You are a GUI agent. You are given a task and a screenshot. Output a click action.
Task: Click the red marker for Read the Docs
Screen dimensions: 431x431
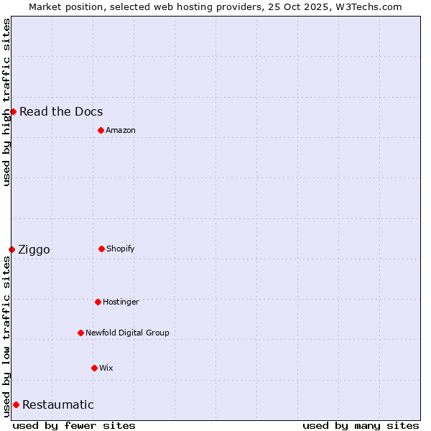click(13, 111)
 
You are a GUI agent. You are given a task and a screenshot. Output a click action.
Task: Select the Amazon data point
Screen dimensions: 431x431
click(101, 130)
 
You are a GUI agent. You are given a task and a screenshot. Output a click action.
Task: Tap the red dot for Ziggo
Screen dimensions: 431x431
click(11, 249)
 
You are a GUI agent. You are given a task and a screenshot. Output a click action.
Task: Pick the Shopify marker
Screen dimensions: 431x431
click(101, 249)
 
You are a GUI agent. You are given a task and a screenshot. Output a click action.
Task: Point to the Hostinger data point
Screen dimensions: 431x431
click(98, 302)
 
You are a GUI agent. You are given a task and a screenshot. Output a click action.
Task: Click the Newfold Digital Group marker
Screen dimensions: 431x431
click(80, 333)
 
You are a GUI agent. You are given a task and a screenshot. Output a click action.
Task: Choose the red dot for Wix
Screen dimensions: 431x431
click(94, 368)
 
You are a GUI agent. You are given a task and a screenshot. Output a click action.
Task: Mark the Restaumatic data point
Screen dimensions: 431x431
click(16, 404)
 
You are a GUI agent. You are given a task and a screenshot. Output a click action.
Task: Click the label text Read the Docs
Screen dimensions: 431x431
click(61, 111)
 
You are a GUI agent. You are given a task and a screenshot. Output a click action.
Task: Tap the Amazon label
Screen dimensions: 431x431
click(121, 130)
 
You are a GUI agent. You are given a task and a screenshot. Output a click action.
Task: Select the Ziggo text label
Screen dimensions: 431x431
click(34, 249)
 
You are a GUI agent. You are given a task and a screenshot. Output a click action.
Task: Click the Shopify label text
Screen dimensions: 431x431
click(121, 249)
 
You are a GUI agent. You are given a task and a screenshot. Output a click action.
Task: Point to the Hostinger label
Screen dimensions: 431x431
click(121, 302)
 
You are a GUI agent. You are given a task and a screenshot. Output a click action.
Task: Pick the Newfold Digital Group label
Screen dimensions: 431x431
click(127, 333)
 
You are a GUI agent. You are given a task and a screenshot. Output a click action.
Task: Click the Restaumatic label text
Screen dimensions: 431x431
click(58, 404)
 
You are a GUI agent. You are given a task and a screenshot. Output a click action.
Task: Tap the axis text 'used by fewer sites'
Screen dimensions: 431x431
click(74, 425)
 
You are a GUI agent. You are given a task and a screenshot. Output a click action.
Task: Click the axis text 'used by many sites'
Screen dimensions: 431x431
click(361, 425)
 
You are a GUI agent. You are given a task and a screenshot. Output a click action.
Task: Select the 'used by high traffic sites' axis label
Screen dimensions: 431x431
click(6, 102)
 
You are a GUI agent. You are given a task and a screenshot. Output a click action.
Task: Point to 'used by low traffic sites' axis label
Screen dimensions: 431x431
click(6, 336)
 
